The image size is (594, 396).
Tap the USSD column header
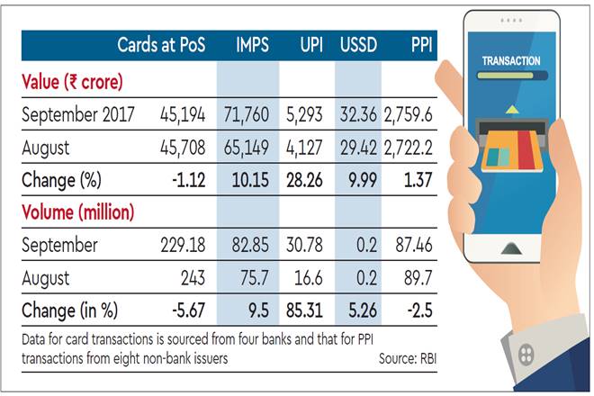362,44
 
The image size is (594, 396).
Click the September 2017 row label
83,114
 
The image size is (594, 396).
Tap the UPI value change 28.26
310,181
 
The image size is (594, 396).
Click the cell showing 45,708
185,148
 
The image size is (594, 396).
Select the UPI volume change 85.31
310,311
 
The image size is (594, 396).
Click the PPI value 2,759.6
409,114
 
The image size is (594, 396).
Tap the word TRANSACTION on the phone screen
510,61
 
